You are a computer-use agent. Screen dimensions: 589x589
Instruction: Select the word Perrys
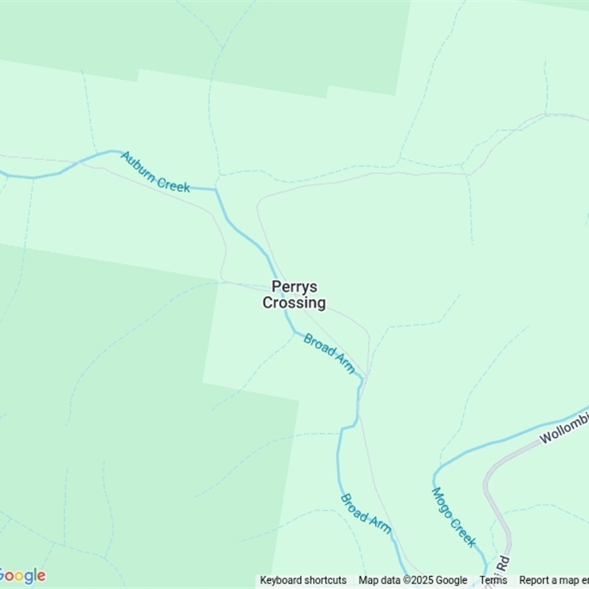(x=294, y=287)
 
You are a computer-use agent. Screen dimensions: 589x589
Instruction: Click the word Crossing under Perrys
(x=294, y=303)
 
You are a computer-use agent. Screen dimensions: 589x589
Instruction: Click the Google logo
(x=22, y=576)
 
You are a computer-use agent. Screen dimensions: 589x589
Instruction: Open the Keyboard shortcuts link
(x=303, y=580)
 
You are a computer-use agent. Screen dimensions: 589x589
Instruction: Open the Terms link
(x=493, y=580)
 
